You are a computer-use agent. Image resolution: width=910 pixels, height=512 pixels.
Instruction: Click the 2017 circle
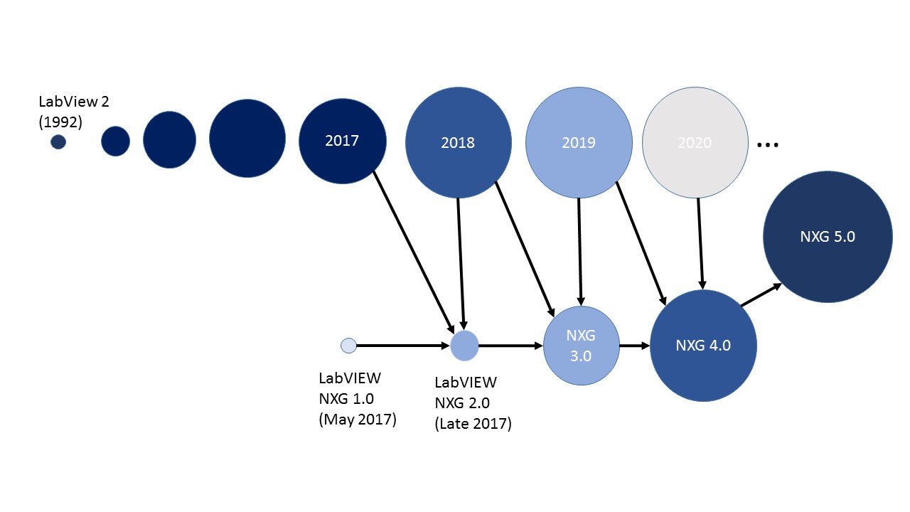click(342, 141)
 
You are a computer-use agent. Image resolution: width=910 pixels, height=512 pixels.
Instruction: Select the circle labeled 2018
click(458, 143)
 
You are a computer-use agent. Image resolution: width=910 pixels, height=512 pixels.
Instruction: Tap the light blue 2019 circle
click(578, 143)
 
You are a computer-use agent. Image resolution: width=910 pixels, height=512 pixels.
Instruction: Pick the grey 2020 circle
click(695, 143)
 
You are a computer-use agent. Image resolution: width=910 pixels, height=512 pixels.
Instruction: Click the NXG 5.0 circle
click(828, 237)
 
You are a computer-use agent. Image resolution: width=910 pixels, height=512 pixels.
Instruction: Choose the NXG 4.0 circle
click(703, 346)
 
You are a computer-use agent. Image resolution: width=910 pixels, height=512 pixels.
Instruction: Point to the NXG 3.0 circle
click(581, 346)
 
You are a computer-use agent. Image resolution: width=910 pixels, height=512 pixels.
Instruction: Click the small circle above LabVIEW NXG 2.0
click(464, 346)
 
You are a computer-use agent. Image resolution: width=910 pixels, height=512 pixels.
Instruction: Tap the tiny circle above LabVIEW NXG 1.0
click(348, 346)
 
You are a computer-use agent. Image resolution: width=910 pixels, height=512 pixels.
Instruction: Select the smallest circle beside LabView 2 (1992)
click(58, 142)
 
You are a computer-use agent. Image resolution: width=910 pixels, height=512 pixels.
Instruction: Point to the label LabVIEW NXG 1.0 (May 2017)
click(357, 399)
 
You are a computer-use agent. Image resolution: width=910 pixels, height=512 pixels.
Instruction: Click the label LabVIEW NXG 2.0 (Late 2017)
click(473, 402)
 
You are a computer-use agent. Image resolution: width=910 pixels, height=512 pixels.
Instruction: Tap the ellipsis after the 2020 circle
click(768, 145)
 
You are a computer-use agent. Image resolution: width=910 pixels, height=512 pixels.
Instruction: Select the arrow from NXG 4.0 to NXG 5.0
click(761, 295)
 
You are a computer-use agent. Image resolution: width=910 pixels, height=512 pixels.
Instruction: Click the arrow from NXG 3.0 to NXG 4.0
click(634, 346)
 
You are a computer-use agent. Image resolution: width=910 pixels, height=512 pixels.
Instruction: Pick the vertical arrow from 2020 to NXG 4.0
click(700, 242)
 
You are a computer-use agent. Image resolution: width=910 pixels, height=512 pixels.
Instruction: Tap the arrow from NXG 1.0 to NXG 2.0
click(402, 346)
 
